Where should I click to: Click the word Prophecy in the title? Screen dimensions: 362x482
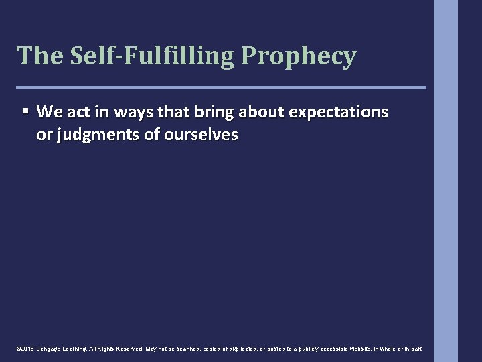[x=299, y=56]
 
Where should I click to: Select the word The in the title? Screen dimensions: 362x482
[x=39, y=56]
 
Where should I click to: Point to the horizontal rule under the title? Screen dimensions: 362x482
[x=221, y=87]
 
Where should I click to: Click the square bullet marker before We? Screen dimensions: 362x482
[x=25, y=111]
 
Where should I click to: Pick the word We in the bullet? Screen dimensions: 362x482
[x=49, y=111]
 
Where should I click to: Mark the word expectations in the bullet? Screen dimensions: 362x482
[x=341, y=111]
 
